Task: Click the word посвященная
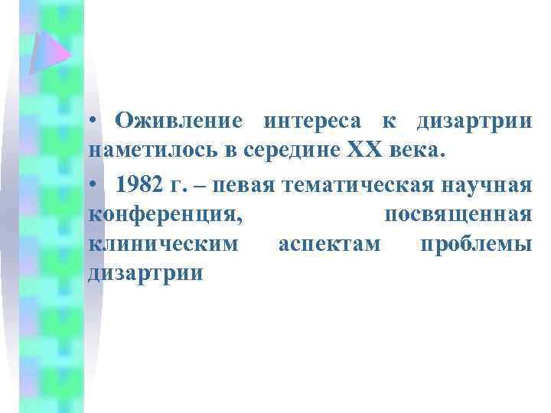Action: pos(458,215)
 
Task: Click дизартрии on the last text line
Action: pos(145,273)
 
